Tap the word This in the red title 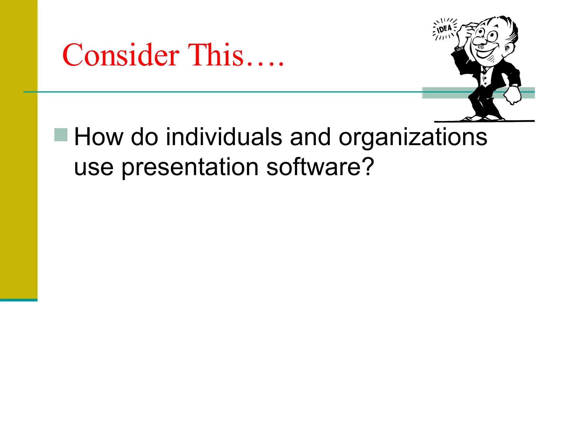pos(216,55)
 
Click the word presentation pos(190,168)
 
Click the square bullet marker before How pos(61,135)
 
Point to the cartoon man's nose pos(478,41)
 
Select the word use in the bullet pos(94,168)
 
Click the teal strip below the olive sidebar pos(19,300)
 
